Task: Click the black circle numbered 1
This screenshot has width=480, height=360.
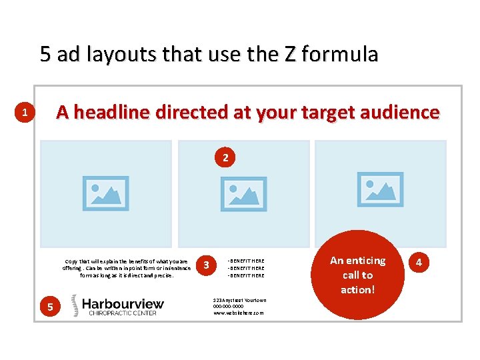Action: click(x=24, y=113)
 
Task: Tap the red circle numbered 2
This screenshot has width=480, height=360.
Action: click(x=225, y=158)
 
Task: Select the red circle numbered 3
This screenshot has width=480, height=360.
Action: click(x=207, y=265)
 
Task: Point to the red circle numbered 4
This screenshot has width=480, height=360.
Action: click(x=419, y=263)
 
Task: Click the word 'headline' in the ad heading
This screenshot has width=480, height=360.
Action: click(x=116, y=113)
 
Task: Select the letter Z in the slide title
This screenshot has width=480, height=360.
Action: click(x=291, y=54)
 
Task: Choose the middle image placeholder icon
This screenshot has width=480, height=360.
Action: click(x=244, y=193)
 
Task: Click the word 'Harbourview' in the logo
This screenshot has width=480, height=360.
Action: click(x=123, y=304)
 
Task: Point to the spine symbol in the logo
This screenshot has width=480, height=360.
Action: click(x=75, y=306)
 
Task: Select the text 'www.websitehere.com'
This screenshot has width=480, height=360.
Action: click(x=239, y=313)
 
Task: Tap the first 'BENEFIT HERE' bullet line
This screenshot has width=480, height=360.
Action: click(x=247, y=261)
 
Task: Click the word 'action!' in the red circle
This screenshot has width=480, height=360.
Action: click(x=358, y=289)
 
